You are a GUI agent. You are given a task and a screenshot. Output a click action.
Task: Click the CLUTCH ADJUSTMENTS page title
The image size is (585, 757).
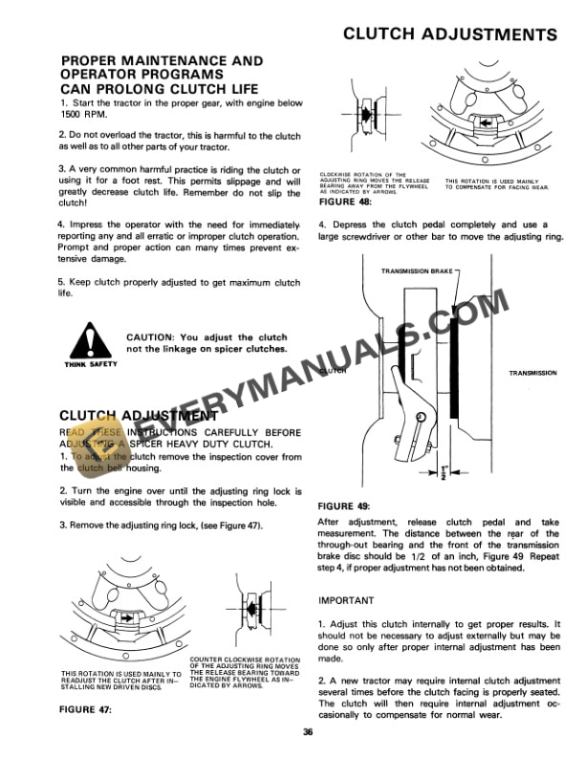pos(449,34)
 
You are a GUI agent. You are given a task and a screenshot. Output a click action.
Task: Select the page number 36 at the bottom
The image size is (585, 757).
pos(307,732)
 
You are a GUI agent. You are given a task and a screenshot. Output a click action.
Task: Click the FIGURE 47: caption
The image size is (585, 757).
pos(86,709)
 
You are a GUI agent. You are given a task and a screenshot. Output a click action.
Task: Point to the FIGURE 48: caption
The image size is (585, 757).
pos(346,201)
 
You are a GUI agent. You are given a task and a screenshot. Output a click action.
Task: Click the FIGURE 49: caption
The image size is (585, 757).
pos(346,505)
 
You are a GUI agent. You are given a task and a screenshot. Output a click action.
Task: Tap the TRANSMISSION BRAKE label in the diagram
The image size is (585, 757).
pos(416,271)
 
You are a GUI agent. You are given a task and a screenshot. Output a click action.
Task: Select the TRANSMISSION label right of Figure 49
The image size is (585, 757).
pos(532,373)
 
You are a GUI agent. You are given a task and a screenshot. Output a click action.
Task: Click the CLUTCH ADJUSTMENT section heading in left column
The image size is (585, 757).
pos(139,416)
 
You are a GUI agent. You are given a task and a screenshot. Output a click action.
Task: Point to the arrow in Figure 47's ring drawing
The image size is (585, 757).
pos(128,618)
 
